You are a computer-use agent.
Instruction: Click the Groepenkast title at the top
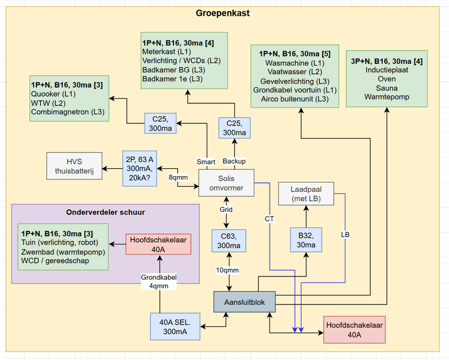223,13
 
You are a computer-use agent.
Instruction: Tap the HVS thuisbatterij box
75,166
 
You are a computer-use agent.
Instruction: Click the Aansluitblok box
245,302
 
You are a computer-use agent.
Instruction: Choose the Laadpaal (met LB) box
306,193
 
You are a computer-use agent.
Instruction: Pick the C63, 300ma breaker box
227,241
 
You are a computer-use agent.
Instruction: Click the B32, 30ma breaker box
306,240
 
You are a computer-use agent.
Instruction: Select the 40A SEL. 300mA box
176,326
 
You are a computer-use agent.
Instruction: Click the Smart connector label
205,161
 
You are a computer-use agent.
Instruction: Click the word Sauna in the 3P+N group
387,88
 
